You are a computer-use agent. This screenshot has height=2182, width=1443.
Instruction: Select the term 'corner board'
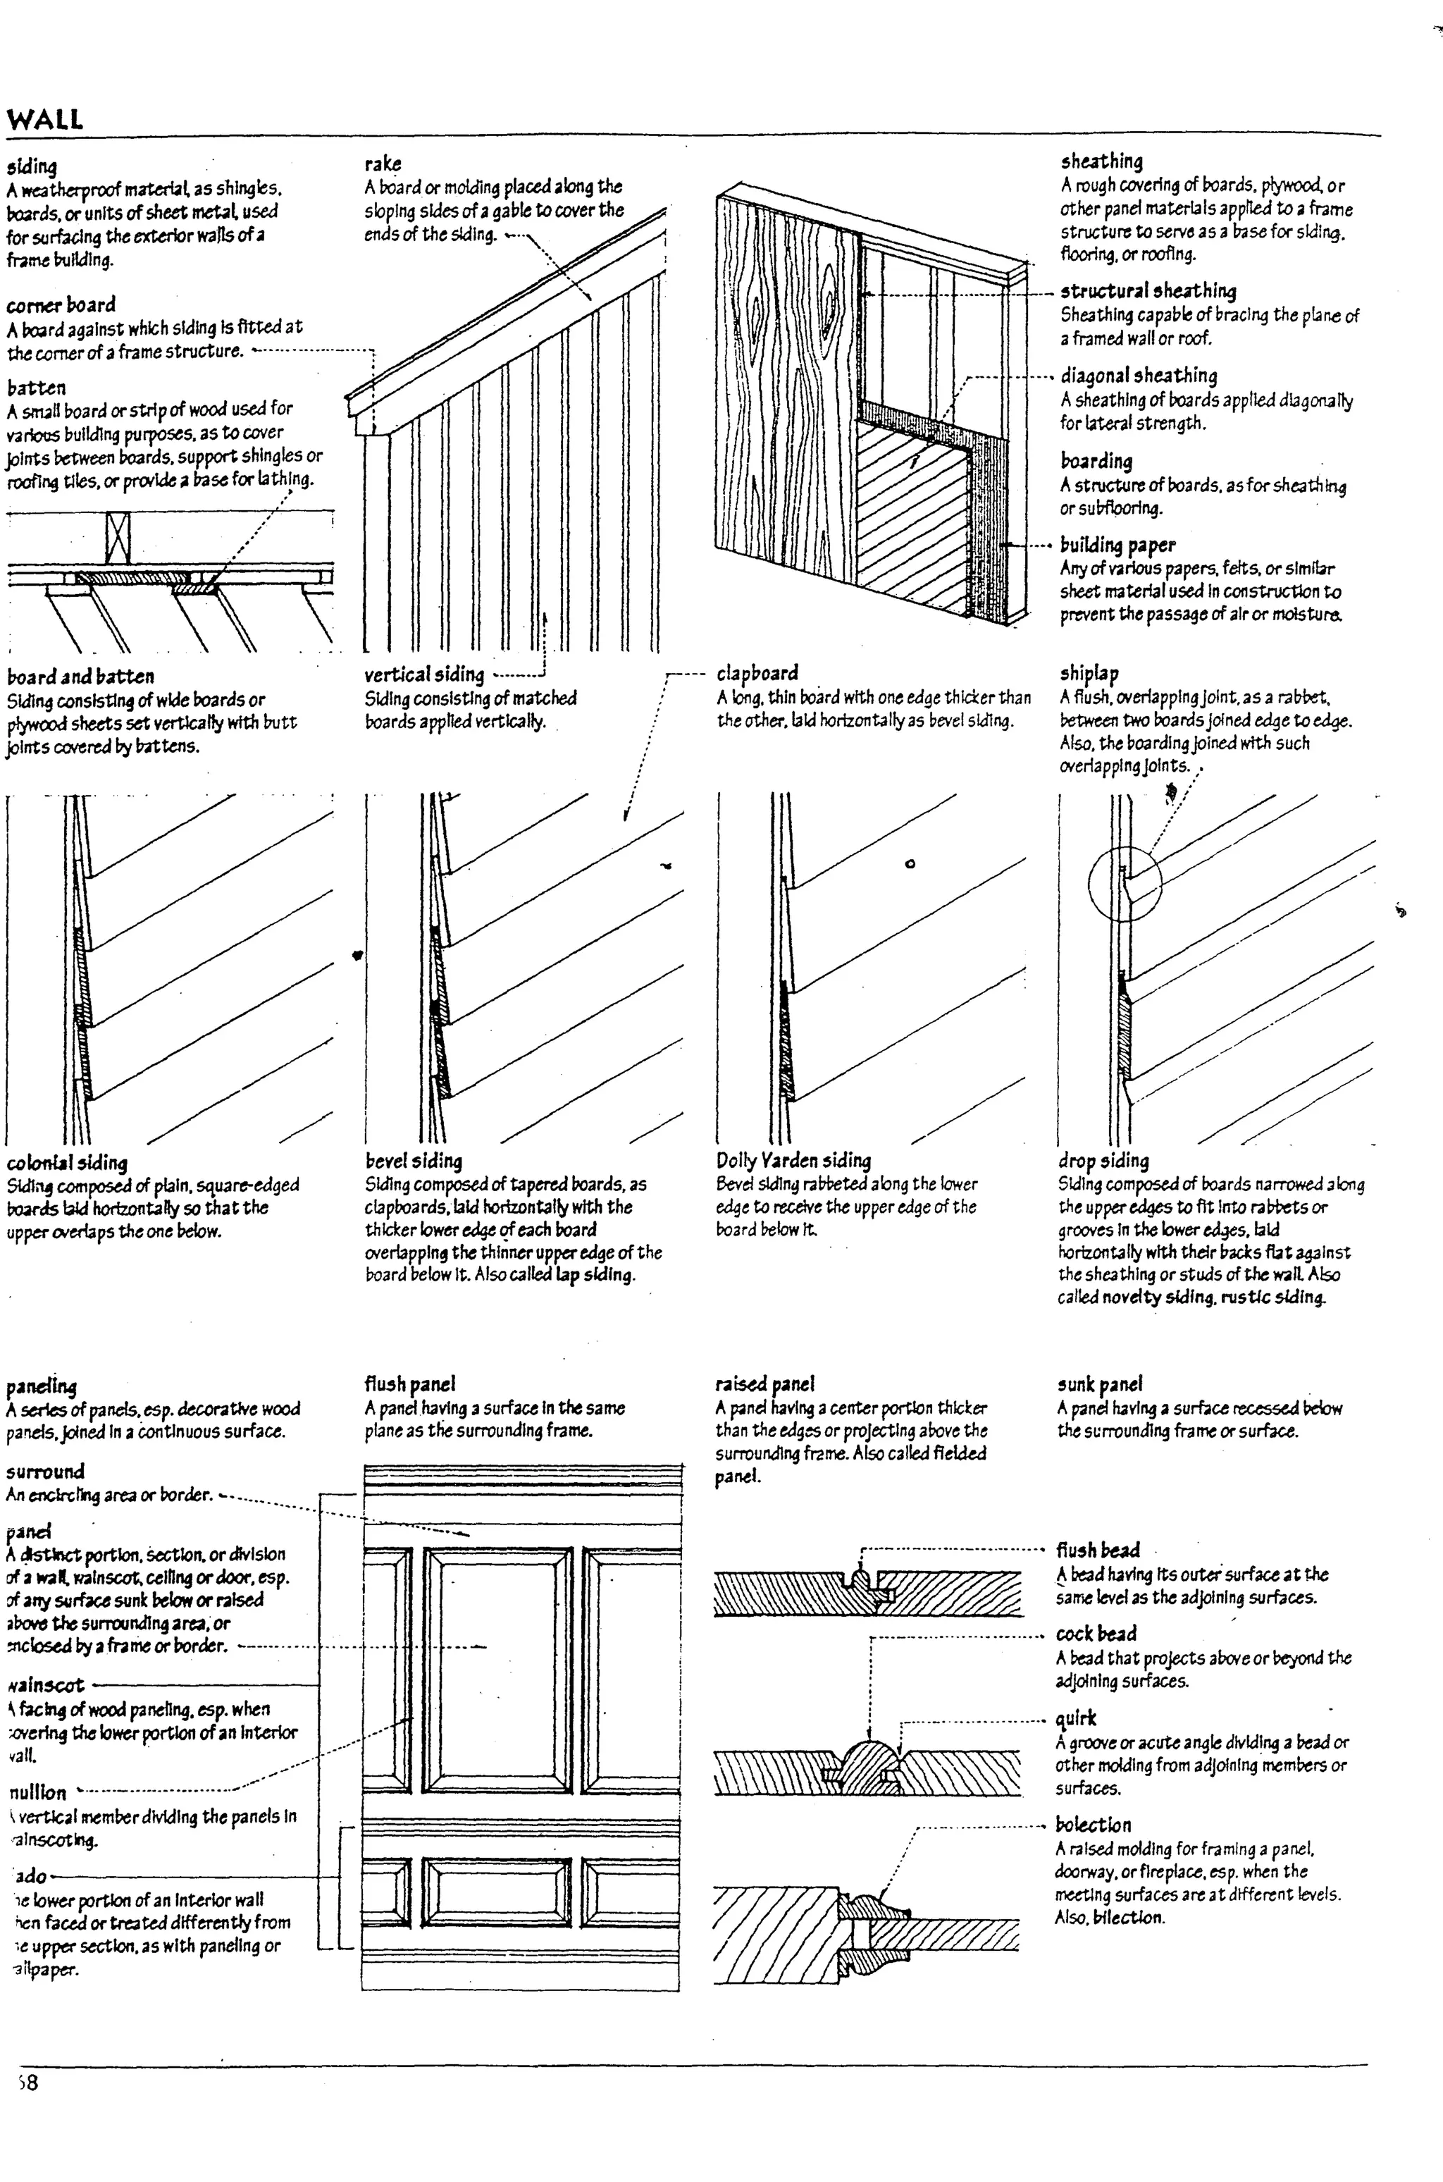tap(61, 304)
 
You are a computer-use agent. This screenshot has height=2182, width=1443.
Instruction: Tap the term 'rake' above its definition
tap(383, 164)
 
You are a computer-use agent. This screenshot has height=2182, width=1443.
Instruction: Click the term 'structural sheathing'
tap(1148, 291)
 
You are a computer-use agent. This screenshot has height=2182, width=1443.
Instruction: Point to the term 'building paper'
tap(1117, 544)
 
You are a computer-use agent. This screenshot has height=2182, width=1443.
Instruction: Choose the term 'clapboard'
tap(757, 673)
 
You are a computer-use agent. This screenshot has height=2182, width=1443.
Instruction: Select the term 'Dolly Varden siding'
tap(793, 1161)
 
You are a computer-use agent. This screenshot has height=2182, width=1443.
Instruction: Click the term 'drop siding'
tap(1103, 1161)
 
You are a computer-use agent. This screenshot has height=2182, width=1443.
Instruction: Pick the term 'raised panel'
tap(764, 1384)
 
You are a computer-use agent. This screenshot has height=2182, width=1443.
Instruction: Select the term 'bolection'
tap(1092, 1824)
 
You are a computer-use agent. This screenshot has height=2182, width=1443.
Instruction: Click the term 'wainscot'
tap(46, 1685)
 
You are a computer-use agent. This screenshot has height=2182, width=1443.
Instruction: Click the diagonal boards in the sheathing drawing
tap(911, 511)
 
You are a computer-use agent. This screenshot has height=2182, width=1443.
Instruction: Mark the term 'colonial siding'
tap(67, 1162)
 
